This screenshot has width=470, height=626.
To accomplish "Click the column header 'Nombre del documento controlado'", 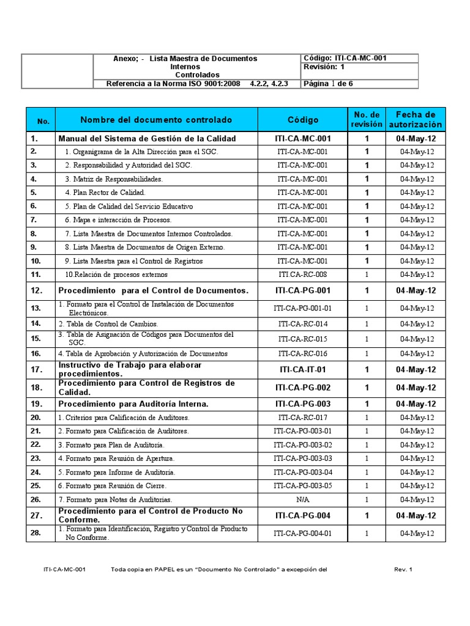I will (156, 119).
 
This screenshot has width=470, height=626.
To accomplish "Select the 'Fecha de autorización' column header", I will (416, 119).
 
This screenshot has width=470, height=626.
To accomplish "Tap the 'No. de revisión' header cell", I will (367, 119).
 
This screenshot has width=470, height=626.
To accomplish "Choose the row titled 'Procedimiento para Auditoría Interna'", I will (133, 404).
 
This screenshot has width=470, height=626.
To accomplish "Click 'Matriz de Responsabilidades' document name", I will (114, 179).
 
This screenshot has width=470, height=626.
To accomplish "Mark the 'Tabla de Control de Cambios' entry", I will (108, 323).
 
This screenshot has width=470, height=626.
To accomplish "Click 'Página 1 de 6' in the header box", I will (329, 84).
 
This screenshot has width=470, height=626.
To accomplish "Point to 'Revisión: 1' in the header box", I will (324, 67).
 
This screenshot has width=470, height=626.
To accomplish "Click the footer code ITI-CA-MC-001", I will (64, 570).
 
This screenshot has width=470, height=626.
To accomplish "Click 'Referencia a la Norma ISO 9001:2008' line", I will (173, 84).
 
